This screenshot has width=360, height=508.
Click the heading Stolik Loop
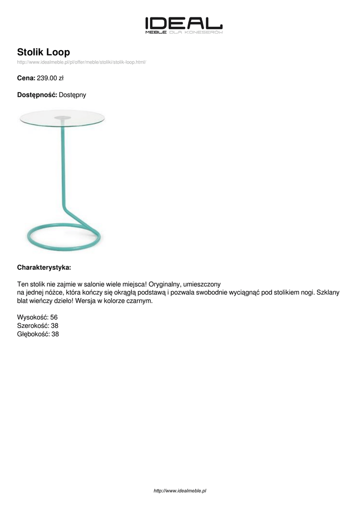coord(44,52)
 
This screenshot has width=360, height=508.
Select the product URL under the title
coord(81,62)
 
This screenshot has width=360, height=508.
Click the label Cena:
coord(26,78)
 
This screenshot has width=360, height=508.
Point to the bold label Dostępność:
coord(37,94)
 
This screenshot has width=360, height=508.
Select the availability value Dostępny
coord(72,94)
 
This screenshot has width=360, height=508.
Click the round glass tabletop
coord(62,118)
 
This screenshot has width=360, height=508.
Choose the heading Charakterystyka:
coord(44,267)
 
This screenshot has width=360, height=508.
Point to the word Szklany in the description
coord(328,293)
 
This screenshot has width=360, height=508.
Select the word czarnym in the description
coord(140,301)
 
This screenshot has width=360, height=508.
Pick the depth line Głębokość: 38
coord(38,334)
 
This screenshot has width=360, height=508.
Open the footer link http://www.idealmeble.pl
coord(180,491)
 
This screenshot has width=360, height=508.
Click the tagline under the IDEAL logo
coord(183,32)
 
